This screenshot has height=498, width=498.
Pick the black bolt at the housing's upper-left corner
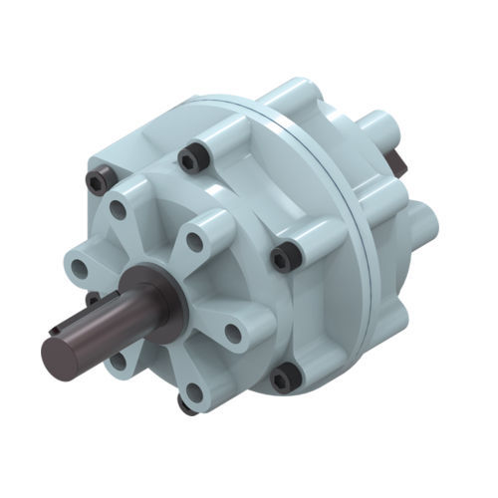(x=97, y=179)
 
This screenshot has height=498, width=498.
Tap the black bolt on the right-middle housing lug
(x=286, y=257)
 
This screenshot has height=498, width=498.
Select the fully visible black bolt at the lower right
(x=286, y=376)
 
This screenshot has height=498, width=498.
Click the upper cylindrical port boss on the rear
(x=380, y=128)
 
